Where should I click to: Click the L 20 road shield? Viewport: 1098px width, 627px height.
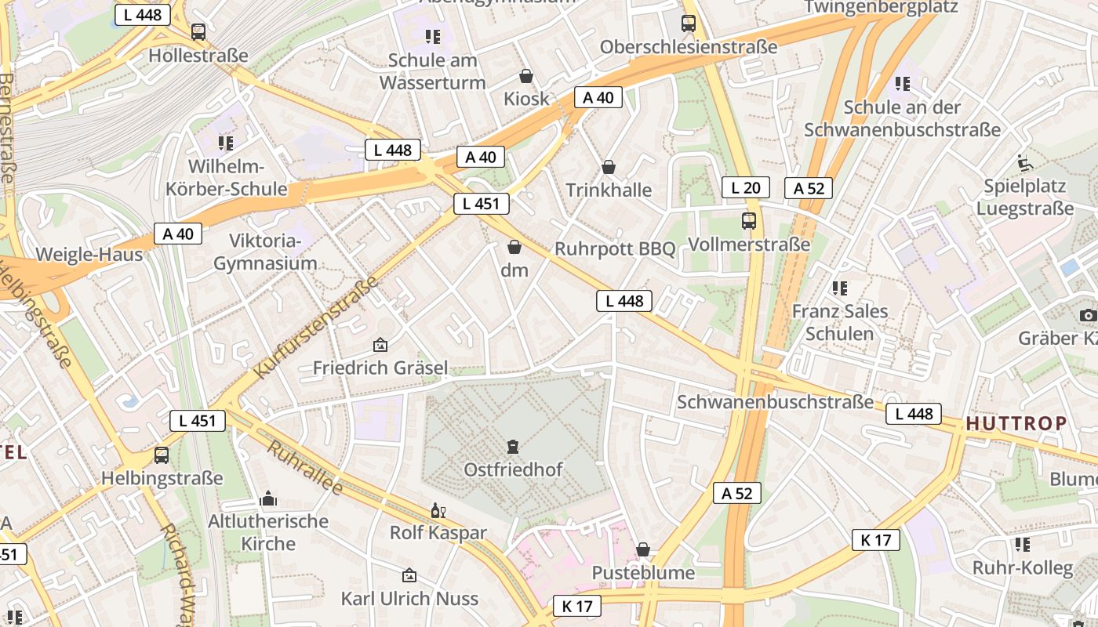tap(745, 187)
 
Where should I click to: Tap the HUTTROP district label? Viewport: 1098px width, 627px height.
tap(1016, 424)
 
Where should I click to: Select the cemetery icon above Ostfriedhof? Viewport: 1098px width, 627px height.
tap(513, 447)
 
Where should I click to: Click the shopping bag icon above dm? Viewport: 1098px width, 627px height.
tap(514, 247)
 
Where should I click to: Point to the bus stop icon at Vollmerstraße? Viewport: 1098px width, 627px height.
tap(749, 221)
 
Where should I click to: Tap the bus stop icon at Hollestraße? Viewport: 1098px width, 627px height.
tap(198, 32)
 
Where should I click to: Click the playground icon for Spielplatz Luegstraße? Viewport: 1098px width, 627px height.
tap(1024, 162)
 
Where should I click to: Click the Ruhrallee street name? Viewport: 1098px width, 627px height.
tap(305, 469)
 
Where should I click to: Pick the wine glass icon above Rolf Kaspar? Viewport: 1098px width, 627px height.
tap(438, 511)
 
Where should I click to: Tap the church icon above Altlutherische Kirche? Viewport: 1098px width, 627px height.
tap(268, 498)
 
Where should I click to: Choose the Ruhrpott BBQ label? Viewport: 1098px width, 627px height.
tap(615, 248)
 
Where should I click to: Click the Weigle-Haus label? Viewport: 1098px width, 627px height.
tap(89, 254)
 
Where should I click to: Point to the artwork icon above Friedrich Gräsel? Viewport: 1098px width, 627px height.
tap(380, 345)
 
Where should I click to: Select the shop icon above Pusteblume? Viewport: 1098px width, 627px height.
tap(643, 549)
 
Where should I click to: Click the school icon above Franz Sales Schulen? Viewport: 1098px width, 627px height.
tap(840, 288)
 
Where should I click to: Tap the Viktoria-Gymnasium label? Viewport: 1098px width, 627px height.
tap(265, 252)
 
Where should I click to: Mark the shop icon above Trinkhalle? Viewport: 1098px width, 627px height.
tap(609, 167)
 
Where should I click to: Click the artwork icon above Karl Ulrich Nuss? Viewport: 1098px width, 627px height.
tap(409, 576)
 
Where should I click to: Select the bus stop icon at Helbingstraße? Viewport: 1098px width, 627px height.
tap(162, 455)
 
